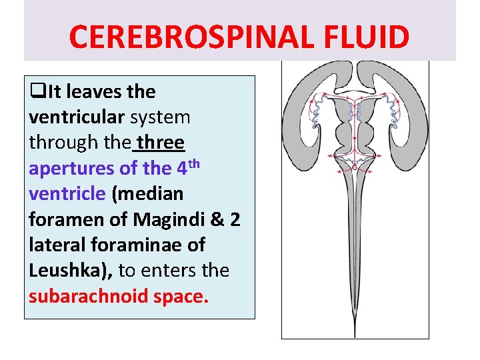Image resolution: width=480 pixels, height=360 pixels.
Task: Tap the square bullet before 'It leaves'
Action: (34, 92)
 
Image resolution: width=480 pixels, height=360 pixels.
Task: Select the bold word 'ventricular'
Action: (77, 117)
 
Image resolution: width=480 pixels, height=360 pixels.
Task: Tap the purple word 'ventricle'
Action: (67, 194)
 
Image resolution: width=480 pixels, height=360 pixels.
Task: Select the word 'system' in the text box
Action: (160, 117)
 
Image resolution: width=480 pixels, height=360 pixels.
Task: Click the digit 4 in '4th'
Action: (182, 169)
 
